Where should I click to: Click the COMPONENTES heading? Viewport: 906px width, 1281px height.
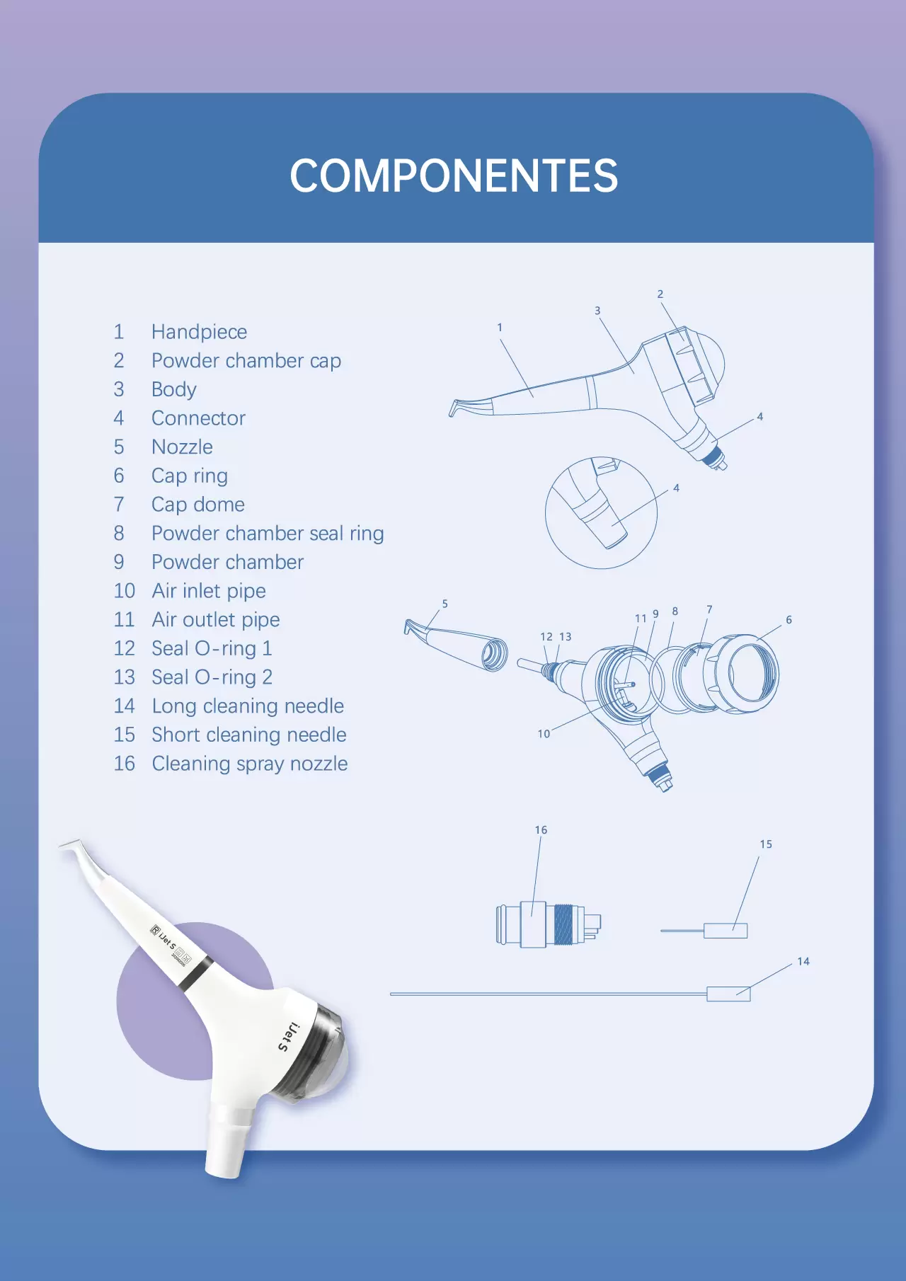454,176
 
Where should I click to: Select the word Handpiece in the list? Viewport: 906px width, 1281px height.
199,332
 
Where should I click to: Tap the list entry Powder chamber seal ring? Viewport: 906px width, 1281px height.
268,534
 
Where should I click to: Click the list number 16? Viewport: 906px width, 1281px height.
124,764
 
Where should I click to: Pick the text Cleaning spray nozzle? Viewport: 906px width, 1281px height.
250,764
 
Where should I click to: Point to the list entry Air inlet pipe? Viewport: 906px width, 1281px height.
209,591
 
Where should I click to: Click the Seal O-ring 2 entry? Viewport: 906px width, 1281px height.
212,677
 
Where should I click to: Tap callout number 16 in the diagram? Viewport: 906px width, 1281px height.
541,830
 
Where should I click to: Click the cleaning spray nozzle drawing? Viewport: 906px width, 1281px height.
548,924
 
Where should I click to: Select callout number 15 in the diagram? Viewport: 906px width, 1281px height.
766,844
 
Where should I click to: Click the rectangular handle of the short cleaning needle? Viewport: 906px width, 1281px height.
726,931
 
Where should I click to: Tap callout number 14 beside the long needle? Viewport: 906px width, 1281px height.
803,962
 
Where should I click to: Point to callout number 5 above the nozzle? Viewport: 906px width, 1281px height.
445,604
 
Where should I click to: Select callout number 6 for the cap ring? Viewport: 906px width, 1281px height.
789,620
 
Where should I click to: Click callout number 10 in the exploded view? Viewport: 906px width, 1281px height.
544,734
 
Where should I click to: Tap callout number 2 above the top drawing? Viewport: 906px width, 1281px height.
660,294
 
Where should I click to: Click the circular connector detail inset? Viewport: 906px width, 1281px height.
601,512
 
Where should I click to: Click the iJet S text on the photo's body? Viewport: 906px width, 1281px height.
289,1037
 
